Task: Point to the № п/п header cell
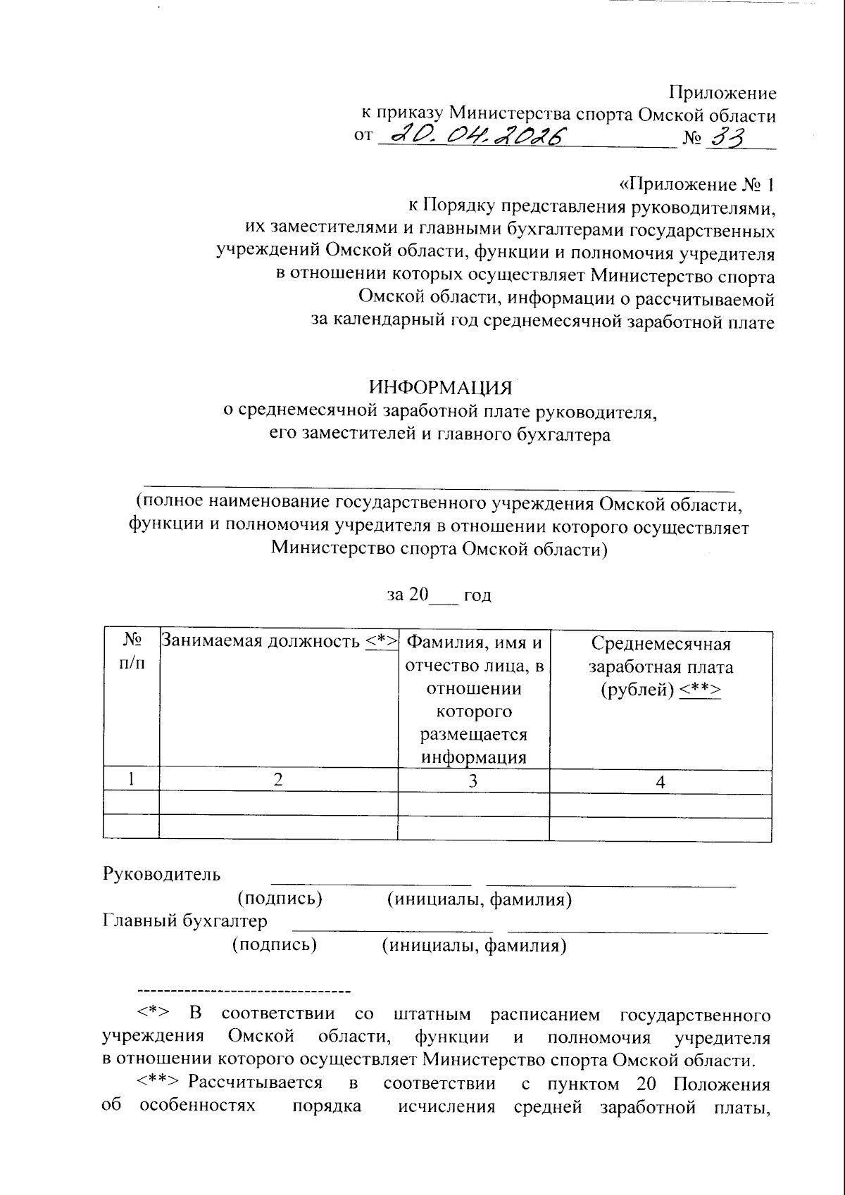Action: tap(131, 652)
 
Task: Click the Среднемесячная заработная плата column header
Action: tap(661, 666)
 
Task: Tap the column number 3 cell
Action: tap(473, 780)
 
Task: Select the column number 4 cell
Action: tap(660, 780)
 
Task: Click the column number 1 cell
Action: tap(131, 780)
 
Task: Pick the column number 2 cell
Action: tap(278, 780)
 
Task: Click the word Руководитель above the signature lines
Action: tap(162, 875)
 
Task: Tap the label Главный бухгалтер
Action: tap(185, 921)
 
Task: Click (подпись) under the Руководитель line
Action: tap(280, 899)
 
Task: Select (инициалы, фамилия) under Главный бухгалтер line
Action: tap(474, 945)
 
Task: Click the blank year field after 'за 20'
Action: tap(444, 596)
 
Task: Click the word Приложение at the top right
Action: tap(722, 93)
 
